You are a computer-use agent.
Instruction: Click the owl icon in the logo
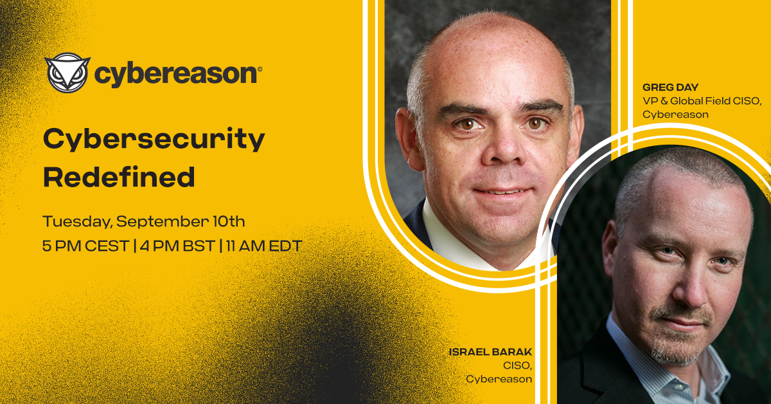[66, 72]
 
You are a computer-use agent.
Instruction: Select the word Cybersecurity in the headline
[154, 140]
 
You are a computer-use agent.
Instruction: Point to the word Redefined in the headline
[119, 176]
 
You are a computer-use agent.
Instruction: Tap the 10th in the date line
[228, 223]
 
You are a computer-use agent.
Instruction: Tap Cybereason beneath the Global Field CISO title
[675, 115]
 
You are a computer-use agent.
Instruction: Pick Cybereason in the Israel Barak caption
[499, 379]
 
